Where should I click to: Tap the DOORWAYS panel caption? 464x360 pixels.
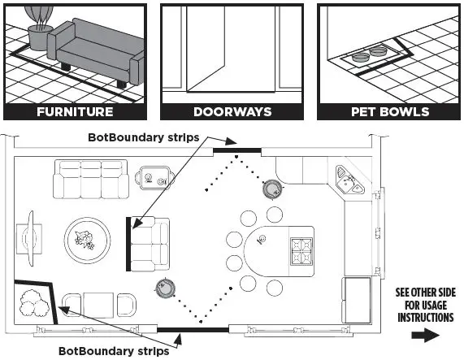tap(232, 111)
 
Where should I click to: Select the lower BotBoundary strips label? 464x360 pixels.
tap(114, 351)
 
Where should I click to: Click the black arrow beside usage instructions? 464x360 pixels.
tap(425, 334)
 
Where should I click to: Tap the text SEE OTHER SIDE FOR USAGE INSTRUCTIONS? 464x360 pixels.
tap(425, 305)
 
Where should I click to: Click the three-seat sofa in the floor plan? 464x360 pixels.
tap(90, 179)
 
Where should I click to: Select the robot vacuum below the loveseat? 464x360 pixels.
tap(166, 286)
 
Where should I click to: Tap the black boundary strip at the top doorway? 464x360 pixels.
tap(236, 150)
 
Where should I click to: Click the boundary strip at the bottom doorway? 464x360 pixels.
tap(179, 329)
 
